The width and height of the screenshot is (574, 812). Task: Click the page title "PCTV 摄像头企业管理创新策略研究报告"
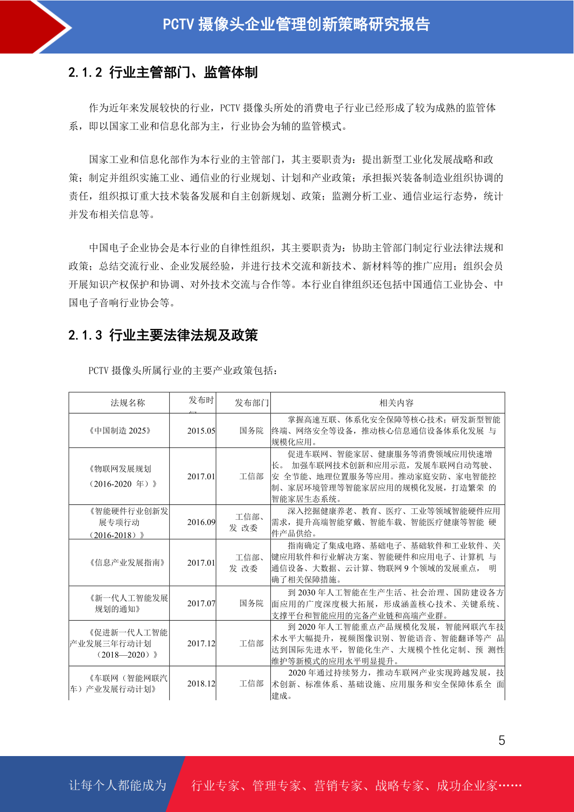tap(296, 24)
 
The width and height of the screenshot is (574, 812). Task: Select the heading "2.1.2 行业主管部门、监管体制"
tap(163, 72)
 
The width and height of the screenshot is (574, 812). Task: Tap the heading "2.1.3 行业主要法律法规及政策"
tap(163, 335)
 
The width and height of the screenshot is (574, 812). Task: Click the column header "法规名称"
tap(128, 403)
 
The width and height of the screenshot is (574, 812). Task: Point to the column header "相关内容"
tap(396, 403)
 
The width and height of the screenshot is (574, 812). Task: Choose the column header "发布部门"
tap(252, 403)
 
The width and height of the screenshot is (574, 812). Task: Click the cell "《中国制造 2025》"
tap(120, 431)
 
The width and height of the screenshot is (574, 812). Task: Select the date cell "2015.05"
tap(201, 431)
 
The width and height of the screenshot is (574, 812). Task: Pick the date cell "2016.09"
tap(201, 522)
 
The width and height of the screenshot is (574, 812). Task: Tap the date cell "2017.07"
tap(201, 603)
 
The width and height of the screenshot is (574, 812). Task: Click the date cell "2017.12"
tap(201, 644)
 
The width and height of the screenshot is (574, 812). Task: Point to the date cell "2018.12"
tap(201, 684)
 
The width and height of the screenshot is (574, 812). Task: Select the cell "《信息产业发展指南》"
tap(127, 563)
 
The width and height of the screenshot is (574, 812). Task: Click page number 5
tap(502, 741)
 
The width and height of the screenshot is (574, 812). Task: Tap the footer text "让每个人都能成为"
tap(118, 785)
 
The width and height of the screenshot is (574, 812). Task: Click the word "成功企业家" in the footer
tap(467, 786)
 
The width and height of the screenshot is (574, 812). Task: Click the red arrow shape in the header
tap(34, 27)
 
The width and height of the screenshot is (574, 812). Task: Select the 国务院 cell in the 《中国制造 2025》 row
tap(252, 431)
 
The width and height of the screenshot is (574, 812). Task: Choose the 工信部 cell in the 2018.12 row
tap(252, 684)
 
